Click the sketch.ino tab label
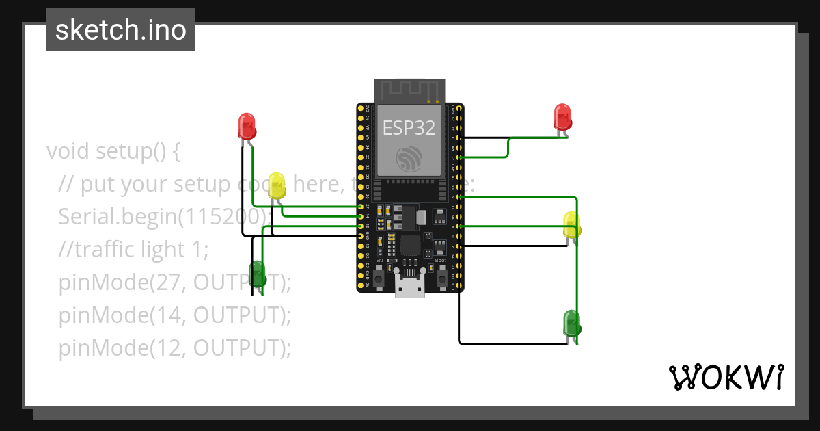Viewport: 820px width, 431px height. click(x=121, y=30)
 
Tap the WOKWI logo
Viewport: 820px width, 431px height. click(x=725, y=377)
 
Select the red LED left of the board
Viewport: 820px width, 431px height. click(x=247, y=126)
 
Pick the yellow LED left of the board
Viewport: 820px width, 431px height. click(x=277, y=185)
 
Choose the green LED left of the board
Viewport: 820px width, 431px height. click(x=257, y=273)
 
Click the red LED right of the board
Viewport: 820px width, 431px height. click(x=562, y=116)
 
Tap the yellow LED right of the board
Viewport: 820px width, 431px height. click(x=572, y=224)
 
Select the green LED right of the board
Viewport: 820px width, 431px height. click(x=571, y=322)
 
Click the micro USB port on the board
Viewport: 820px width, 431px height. click(x=410, y=288)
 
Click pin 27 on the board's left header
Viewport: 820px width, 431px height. click(x=361, y=206)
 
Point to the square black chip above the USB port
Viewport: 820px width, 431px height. click(x=410, y=245)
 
